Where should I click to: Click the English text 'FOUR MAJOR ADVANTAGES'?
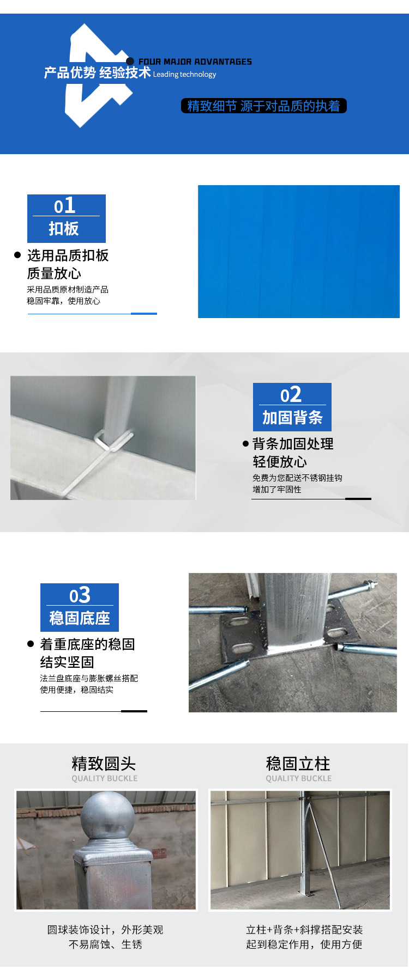pyautogui.click(x=195, y=62)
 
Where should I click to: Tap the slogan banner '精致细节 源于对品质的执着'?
pyautogui.click(x=263, y=106)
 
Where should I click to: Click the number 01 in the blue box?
pyautogui.click(x=65, y=206)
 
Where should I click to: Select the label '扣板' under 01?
pyautogui.click(x=64, y=229)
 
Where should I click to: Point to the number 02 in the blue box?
pyautogui.click(x=291, y=395)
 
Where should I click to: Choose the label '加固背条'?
pyautogui.click(x=292, y=418)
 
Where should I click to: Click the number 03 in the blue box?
pyautogui.click(x=80, y=595)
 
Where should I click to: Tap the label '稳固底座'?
pyautogui.click(x=80, y=618)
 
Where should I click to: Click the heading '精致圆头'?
pyautogui.click(x=104, y=764)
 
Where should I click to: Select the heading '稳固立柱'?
pyautogui.click(x=298, y=764)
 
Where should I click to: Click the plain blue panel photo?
pyautogui.click(x=298, y=252)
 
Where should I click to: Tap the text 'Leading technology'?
pyautogui.click(x=184, y=75)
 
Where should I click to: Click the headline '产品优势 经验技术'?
pyautogui.click(x=97, y=72)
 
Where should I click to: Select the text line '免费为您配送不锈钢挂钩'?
pyautogui.click(x=297, y=478)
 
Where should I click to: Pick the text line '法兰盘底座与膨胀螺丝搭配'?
pyautogui.click(x=89, y=678)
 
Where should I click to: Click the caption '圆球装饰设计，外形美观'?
pyautogui.click(x=105, y=930)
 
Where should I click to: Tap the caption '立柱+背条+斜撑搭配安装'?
pyautogui.click(x=304, y=930)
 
